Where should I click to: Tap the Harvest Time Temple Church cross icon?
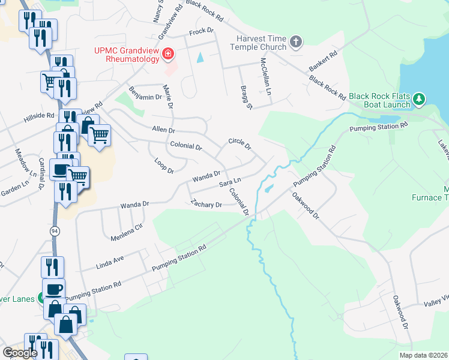(x=295, y=42)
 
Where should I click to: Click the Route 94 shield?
(x=55, y=231)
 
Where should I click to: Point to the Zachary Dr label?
(x=206, y=204)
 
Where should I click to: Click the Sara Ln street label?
(x=230, y=182)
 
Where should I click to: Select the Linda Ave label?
(x=110, y=262)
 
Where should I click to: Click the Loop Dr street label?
(x=163, y=167)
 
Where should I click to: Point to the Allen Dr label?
(x=163, y=129)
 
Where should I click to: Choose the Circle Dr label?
(x=239, y=143)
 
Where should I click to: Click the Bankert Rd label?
(x=324, y=62)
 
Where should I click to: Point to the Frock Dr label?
(x=201, y=31)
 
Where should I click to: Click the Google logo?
(x=20, y=352)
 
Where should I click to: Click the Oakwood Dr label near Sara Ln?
(x=306, y=205)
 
